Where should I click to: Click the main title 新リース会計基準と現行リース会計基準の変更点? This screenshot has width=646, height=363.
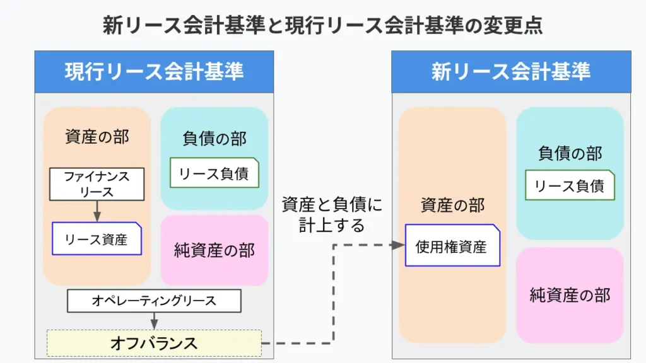click(322, 25)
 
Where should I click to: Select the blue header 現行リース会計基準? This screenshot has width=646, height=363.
click(154, 72)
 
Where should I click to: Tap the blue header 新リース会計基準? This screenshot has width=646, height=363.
click(511, 72)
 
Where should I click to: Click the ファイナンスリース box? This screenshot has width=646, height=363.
click(97, 184)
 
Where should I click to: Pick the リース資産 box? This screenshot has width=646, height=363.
click(97, 239)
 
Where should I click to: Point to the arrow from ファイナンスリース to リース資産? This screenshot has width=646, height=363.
click(97, 211)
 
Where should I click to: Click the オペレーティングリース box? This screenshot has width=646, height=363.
click(154, 301)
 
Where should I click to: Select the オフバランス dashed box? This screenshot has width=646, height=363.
click(154, 343)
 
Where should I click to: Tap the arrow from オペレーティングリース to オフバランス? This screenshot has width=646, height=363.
click(154, 321)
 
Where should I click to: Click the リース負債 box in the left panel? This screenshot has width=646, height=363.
click(214, 173)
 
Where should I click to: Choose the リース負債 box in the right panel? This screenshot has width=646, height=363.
click(570, 185)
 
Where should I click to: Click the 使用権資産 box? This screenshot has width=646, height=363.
click(451, 246)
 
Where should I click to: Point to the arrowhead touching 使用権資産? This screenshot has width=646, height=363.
click(397, 245)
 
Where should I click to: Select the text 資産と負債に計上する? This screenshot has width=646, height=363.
click(332, 214)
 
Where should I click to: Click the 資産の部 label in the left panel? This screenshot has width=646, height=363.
click(97, 137)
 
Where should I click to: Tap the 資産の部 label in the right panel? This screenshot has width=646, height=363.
click(452, 205)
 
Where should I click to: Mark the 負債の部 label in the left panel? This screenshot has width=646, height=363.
click(214, 138)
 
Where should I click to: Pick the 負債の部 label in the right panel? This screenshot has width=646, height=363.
click(570, 153)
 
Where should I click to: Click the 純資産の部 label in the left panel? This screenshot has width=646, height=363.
click(214, 250)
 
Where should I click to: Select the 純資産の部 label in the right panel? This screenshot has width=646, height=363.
click(570, 294)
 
